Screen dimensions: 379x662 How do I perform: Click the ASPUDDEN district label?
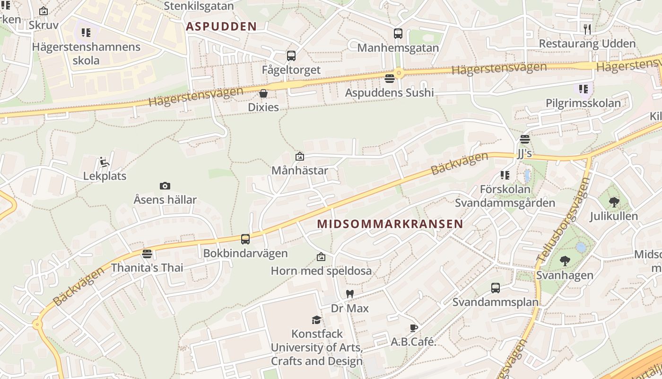pos(221,27)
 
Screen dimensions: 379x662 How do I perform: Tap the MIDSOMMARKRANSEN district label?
pos(390,224)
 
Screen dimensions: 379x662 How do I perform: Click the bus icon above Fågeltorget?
pos(291,56)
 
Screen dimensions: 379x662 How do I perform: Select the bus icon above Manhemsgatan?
pos(398,34)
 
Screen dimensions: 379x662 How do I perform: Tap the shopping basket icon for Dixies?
pos(263,93)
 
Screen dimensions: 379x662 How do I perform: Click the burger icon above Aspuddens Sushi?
pos(390,78)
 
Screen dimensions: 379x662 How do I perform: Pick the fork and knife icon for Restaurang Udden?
pos(587,29)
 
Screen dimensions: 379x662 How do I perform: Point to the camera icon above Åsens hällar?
pos(165,186)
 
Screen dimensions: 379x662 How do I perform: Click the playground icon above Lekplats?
pos(105,162)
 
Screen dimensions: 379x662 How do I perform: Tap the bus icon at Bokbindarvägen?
pos(245,239)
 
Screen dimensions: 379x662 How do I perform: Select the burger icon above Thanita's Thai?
pos(147,254)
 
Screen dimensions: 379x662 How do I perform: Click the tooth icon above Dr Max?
pos(350,294)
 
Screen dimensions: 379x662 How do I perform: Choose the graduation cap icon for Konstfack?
pos(316,320)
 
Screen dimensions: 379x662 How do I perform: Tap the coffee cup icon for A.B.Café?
pos(413,328)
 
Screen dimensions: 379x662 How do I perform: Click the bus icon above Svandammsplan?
pos(495,288)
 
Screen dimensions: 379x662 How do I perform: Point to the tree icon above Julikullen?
pos(614,202)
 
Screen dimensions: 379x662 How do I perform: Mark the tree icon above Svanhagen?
pos(565,261)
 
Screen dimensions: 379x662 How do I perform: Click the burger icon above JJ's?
pos(524,139)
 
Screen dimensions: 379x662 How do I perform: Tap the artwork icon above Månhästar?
pos(299,156)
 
